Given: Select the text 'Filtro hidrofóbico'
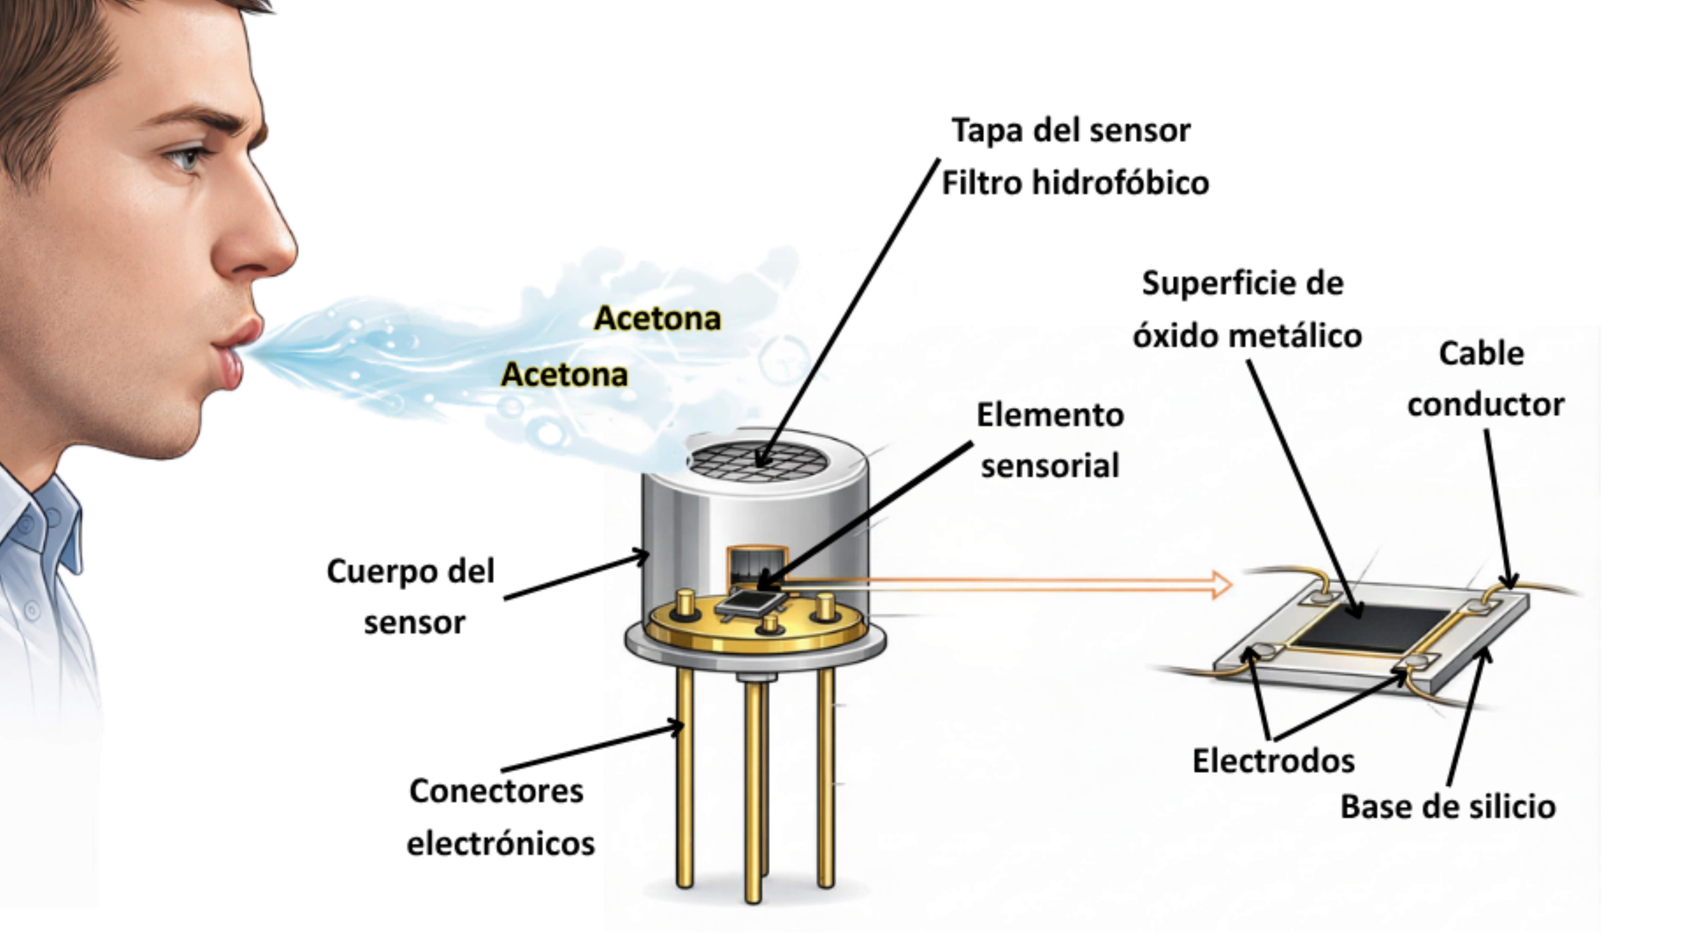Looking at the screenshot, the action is coord(1075,183).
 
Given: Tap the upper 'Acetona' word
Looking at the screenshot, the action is coord(658,319).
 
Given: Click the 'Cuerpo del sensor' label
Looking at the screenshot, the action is coord(411,596).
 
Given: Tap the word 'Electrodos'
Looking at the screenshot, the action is coord(1273,761).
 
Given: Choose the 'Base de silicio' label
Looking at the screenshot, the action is coord(1448,806).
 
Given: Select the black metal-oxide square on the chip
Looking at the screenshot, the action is coord(1373,627).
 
